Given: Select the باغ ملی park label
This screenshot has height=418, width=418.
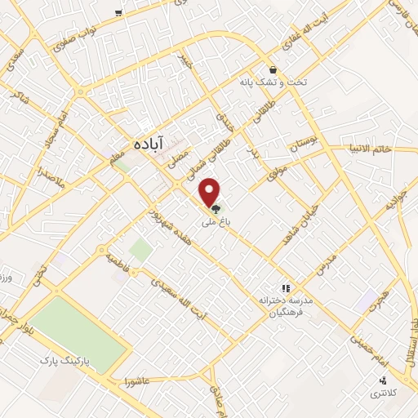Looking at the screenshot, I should click(x=218, y=219).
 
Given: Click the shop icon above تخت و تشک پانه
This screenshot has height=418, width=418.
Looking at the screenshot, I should click(x=273, y=71).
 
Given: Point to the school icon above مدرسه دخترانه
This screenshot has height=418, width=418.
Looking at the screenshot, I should click(x=285, y=287).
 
